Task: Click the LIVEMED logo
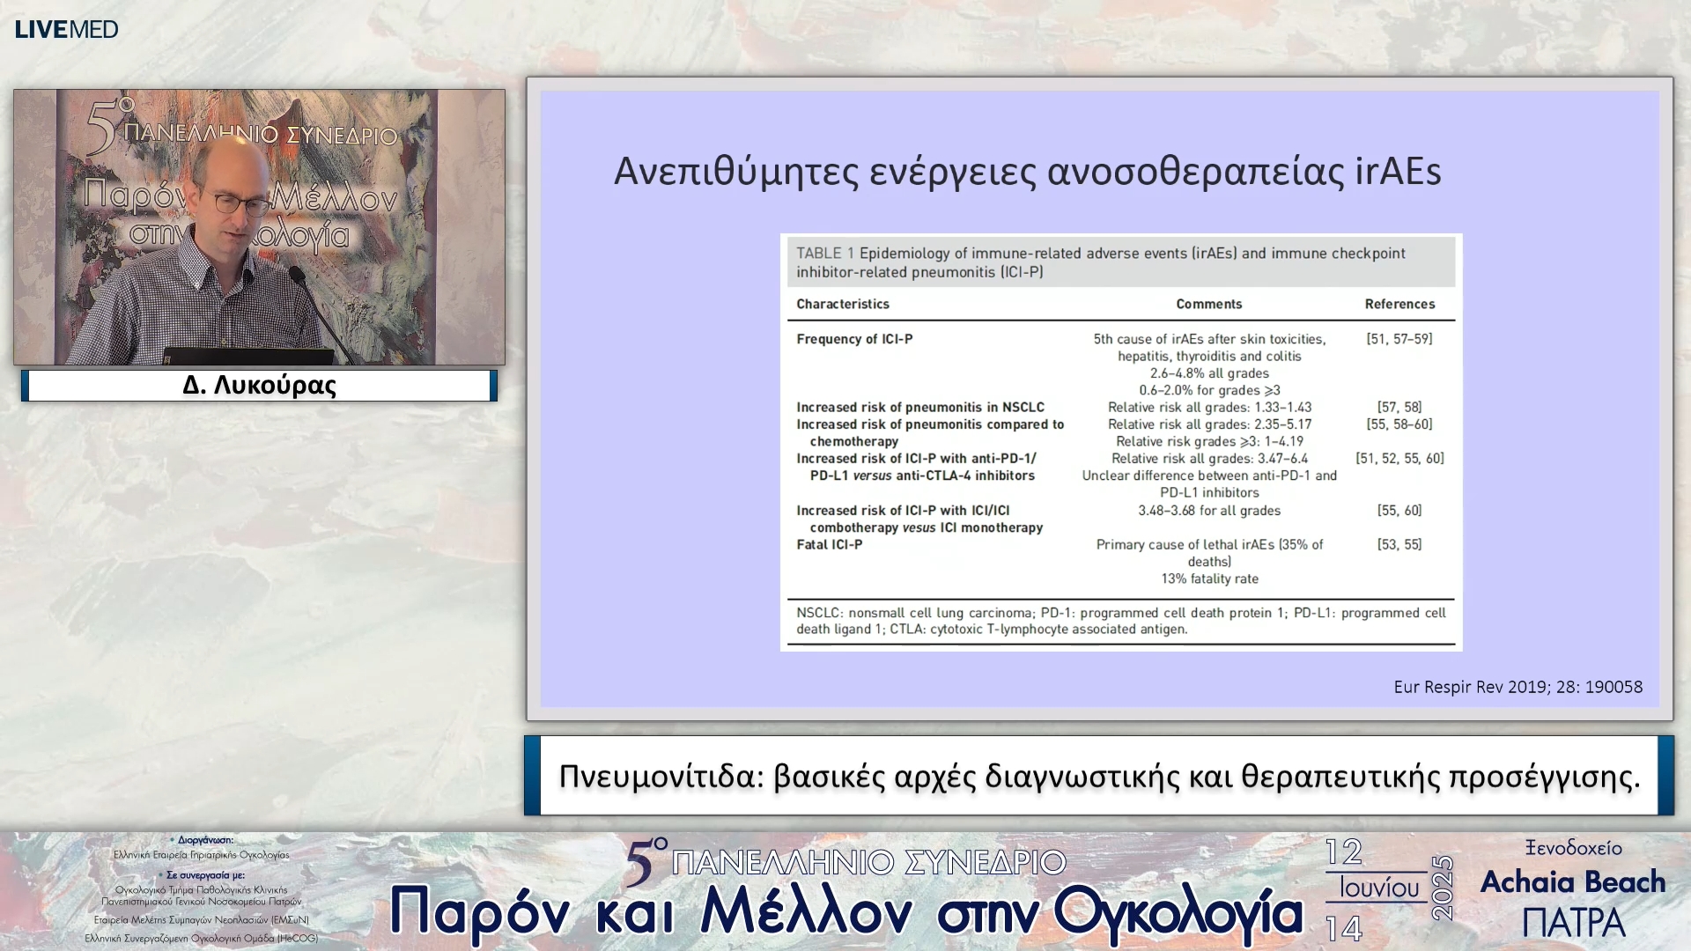click(66, 29)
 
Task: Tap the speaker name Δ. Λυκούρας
click(259, 386)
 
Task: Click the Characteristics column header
click(842, 304)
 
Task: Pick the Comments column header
click(1208, 304)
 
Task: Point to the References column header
click(1399, 304)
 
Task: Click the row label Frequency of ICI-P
click(854, 339)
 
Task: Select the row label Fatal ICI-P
click(829, 544)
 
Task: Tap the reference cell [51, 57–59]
click(1399, 339)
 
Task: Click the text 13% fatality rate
click(1209, 579)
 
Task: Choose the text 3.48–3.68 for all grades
click(1209, 511)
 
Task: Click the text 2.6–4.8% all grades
click(1209, 373)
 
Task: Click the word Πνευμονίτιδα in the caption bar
click(661, 777)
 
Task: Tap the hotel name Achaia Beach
click(1572, 881)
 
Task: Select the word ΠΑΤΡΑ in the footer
click(1573, 923)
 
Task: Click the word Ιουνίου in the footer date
click(1379, 888)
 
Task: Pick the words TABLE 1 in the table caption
click(824, 254)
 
